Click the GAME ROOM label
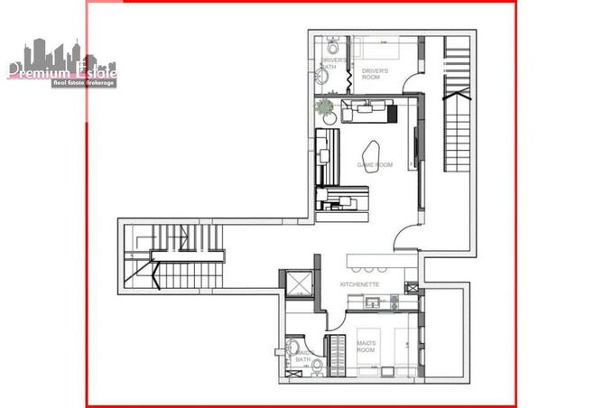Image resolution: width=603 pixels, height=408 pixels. pos(375,165)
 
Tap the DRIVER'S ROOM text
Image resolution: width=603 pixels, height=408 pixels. pos(375,73)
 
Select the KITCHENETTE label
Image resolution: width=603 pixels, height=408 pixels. pos(359,284)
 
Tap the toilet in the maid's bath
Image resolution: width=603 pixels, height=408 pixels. pos(293,348)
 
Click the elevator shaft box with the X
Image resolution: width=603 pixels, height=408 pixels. pos(296,284)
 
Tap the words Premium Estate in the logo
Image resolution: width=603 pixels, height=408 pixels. pos(61,71)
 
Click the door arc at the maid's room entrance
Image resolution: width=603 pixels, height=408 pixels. pos(336,318)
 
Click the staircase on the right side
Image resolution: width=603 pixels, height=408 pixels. pos(457,126)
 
